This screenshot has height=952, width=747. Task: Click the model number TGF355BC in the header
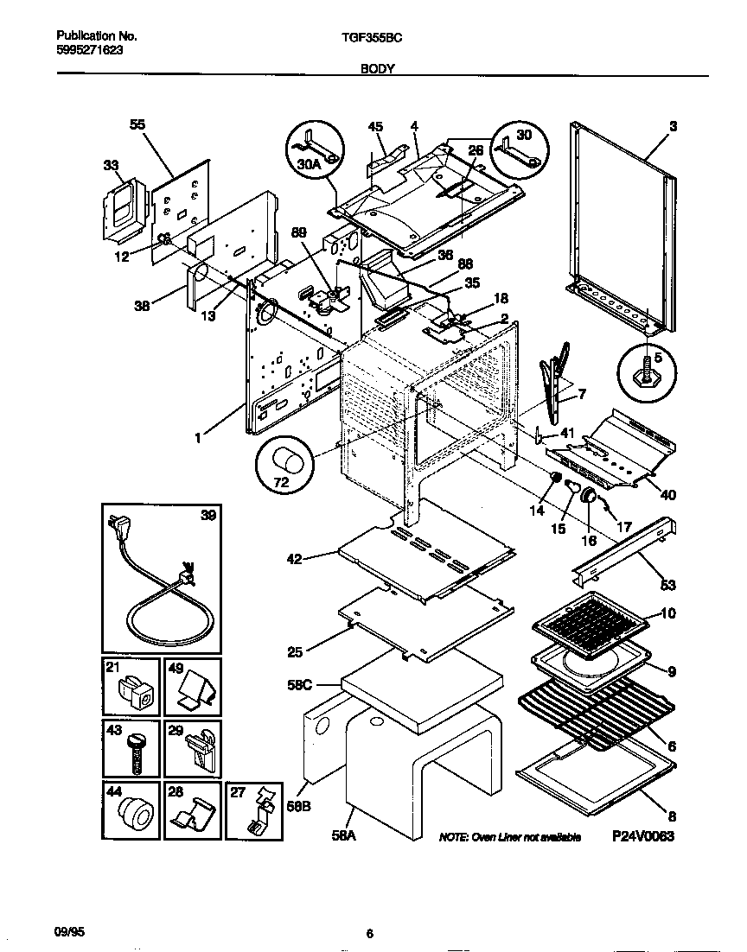click(x=373, y=37)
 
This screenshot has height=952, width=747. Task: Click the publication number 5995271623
click(x=89, y=50)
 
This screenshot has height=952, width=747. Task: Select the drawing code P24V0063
click(x=642, y=836)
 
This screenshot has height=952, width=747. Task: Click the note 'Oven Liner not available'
click(x=509, y=837)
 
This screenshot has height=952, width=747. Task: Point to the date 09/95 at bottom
click(x=71, y=931)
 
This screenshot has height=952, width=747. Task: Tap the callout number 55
click(x=137, y=124)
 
